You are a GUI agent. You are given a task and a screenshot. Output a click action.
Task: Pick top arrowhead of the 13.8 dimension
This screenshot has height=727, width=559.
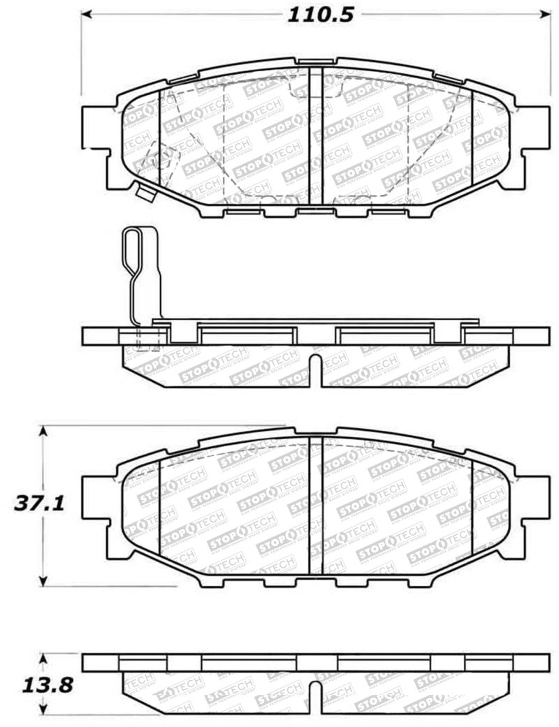point(44,657)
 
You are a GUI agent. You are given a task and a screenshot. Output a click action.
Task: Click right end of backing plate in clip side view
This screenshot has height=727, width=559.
point(546,336)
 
